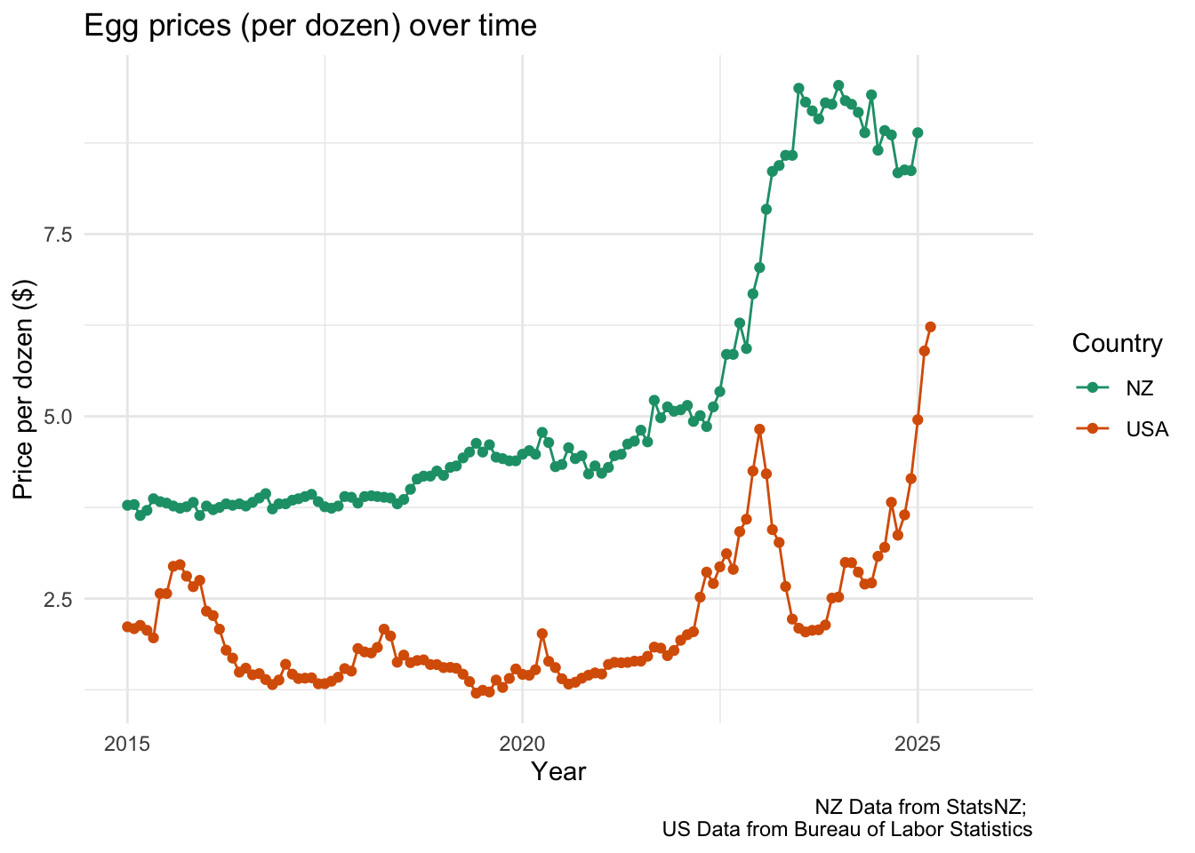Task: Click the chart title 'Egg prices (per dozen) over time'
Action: click(310, 26)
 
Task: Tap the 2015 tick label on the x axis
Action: click(127, 743)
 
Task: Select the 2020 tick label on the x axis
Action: click(523, 743)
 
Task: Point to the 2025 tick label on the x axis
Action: click(918, 743)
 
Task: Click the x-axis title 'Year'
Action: click(558, 771)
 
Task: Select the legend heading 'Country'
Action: click(1117, 344)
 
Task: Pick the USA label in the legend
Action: click(1147, 429)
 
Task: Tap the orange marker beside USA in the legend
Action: click(1092, 429)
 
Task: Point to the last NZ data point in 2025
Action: click(918, 132)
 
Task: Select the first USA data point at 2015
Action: click(127, 626)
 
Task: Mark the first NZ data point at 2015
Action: click(127, 505)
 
